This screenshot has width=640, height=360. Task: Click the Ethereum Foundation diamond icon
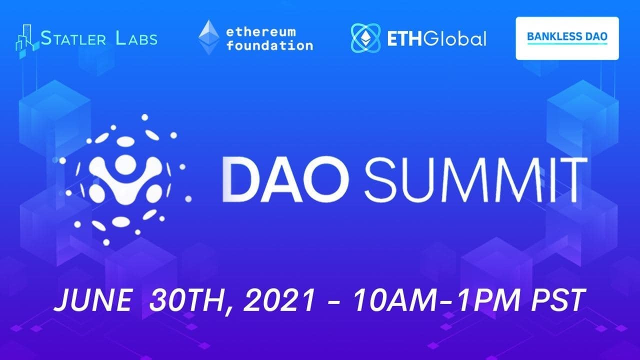point(208,37)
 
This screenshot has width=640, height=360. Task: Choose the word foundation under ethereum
point(269,46)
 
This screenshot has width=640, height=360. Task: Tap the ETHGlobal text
point(436,38)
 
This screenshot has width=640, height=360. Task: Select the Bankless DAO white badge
point(567,38)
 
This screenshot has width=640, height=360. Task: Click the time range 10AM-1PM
point(435,302)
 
